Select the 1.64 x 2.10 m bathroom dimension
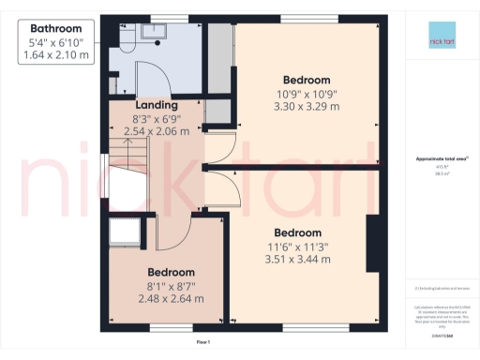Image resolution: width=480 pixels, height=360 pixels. tap(55, 55)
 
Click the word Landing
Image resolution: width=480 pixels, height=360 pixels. tap(157, 105)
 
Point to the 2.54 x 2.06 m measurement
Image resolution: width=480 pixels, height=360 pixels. tap(157, 132)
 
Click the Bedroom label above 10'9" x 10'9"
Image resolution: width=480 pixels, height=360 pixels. tap(307, 79)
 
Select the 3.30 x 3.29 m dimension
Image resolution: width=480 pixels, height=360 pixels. tap(307, 106)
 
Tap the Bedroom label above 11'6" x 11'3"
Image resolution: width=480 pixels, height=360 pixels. tap(298, 232)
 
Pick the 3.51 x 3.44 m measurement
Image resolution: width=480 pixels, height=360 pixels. tap(298, 260)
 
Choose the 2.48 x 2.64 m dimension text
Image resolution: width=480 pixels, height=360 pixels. tap(171, 298)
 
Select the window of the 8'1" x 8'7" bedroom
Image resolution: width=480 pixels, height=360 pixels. tap(170, 327)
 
